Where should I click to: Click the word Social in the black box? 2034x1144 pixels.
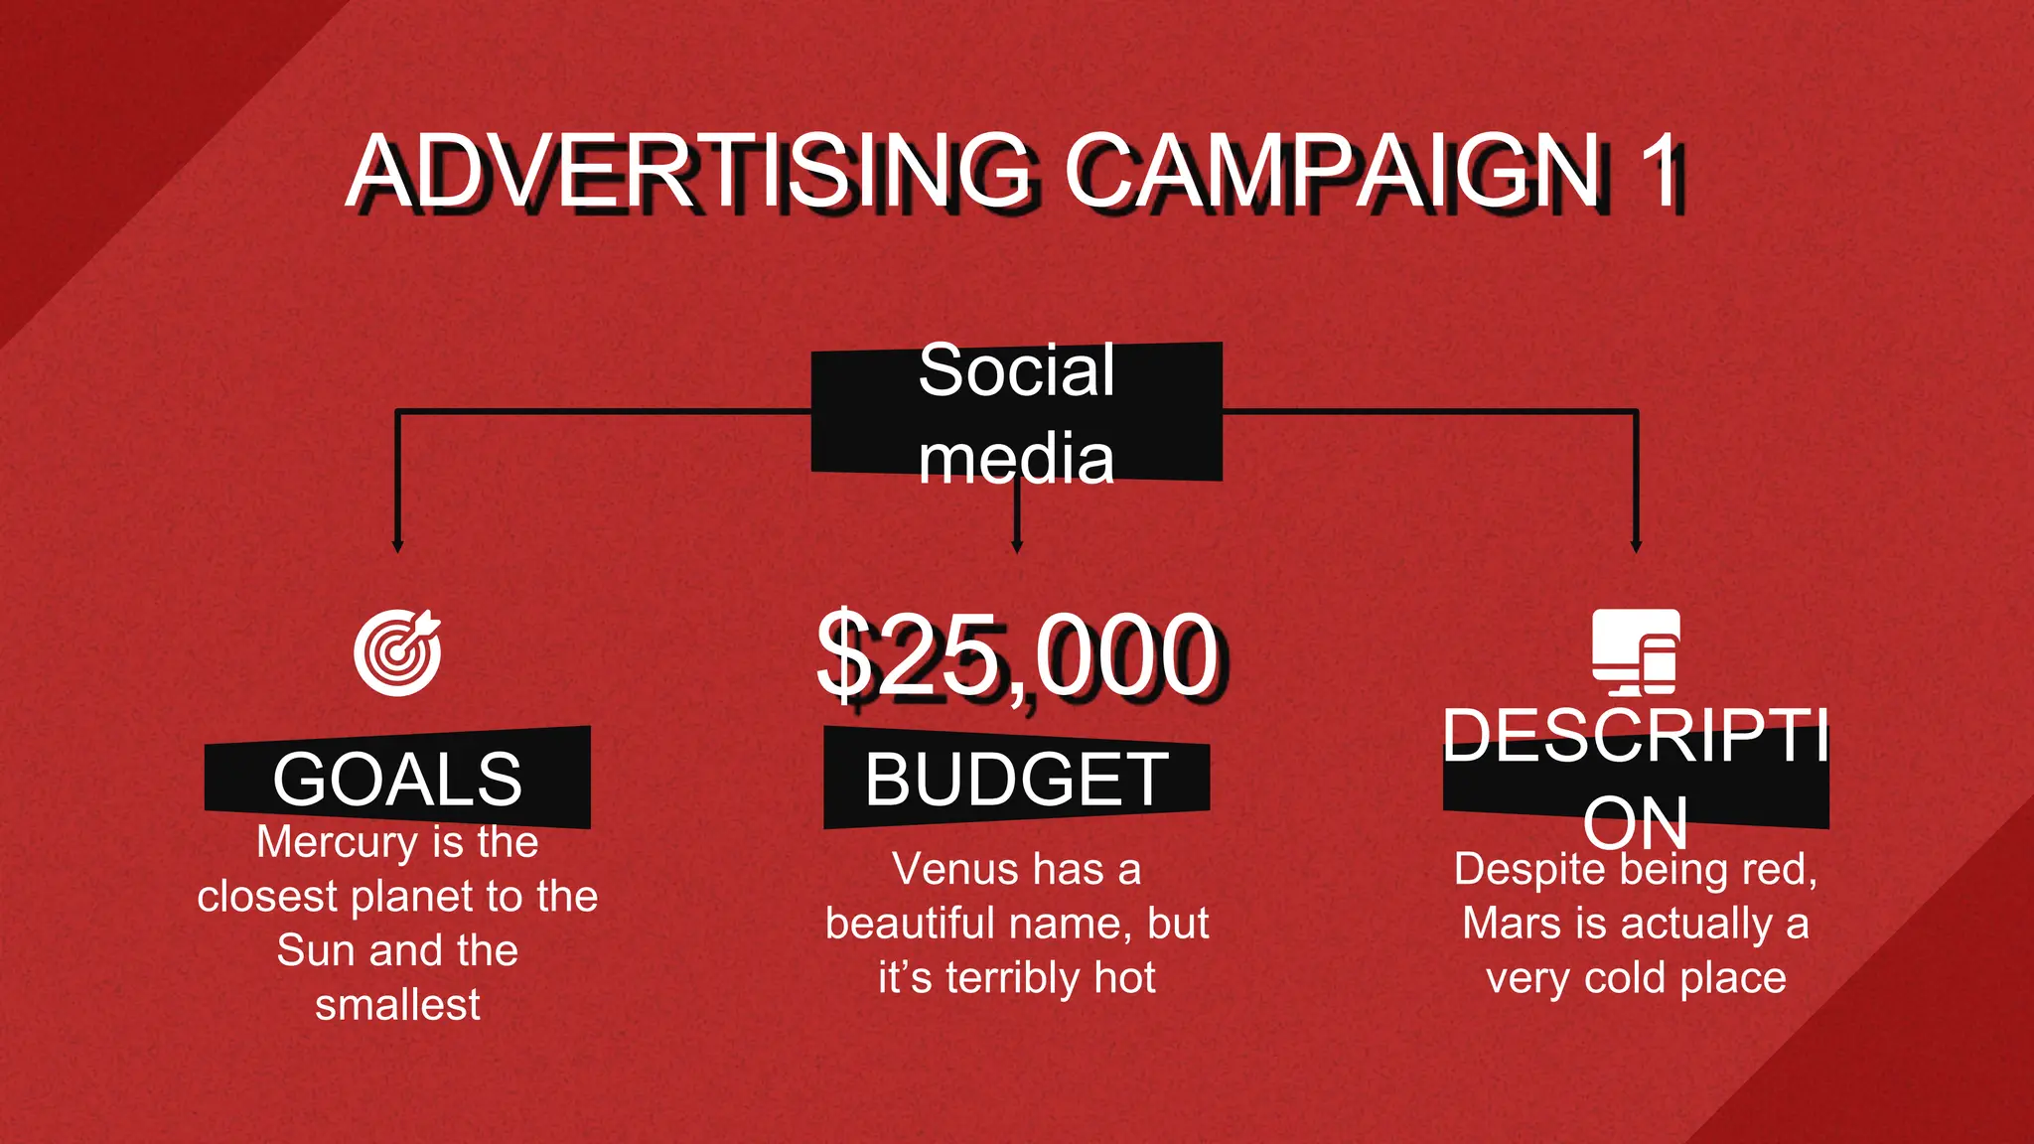[x=1016, y=371]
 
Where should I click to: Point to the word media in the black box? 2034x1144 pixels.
[x=1016, y=459]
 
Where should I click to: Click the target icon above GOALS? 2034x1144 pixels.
[x=397, y=652]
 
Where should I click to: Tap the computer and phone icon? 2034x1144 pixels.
[x=1636, y=652]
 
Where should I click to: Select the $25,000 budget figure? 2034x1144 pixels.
[x=1017, y=655]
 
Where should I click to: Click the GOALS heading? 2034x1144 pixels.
[x=397, y=780]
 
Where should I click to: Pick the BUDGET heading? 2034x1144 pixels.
[x=1016, y=780]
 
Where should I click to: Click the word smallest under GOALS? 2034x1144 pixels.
[x=397, y=1005]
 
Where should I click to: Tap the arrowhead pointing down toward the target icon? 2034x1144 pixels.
[x=397, y=545]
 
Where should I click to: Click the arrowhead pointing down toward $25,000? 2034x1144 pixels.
[x=1016, y=545]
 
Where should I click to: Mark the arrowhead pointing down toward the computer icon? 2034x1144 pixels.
[x=1636, y=545]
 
